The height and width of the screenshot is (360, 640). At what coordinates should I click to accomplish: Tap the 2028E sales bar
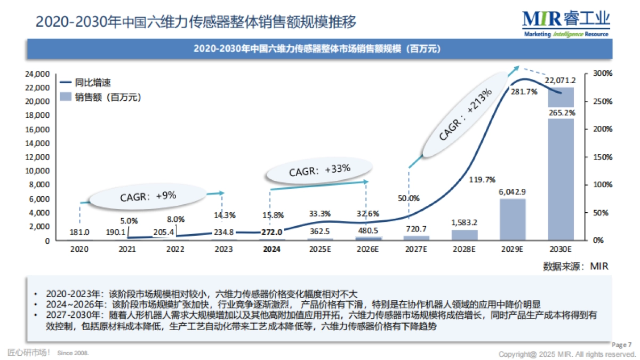point(464,235)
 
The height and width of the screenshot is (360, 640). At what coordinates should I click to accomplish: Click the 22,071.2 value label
point(560,81)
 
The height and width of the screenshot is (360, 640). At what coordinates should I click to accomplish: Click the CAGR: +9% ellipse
point(148,196)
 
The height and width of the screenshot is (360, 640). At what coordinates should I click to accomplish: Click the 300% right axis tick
point(596,74)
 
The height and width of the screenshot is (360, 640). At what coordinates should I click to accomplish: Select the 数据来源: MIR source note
point(575,266)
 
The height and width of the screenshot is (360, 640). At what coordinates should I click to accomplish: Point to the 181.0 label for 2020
point(79,232)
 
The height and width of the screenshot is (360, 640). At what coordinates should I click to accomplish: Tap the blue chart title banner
point(319,49)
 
